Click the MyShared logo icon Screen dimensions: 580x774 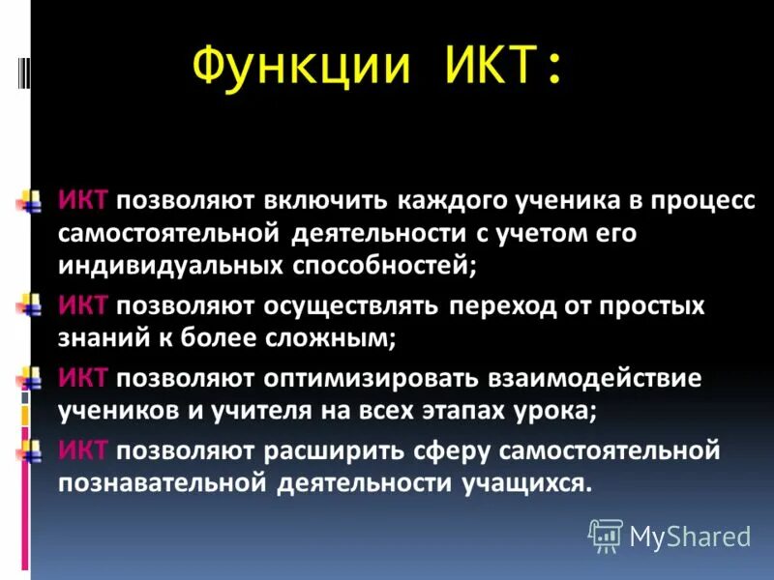click(606, 535)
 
